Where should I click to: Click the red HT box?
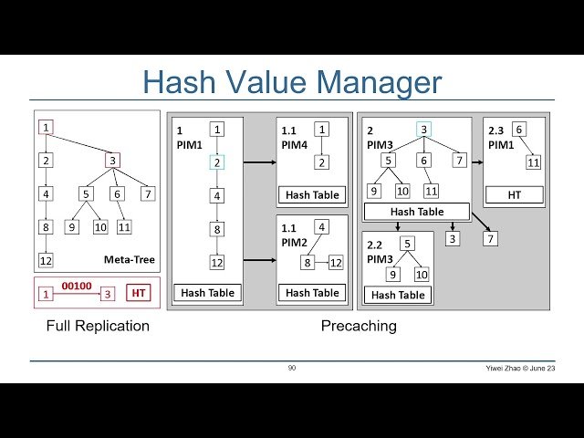tap(139, 293)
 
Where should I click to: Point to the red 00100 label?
tap(77, 286)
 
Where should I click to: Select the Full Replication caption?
tap(98, 325)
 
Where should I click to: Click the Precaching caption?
tap(359, 325)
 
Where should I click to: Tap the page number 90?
tap(292, 368)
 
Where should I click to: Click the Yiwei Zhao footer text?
tap(520, 368)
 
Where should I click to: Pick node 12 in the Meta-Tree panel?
tap(46, 261)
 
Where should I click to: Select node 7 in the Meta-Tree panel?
tap(147, 193)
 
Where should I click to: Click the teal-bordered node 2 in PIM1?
tap(217, 162)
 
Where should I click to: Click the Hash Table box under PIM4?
tap(312, 194)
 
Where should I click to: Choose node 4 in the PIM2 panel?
tap(322, 226)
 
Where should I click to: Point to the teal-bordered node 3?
tap(424, 130)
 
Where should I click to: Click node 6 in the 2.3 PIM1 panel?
tap(518, 130)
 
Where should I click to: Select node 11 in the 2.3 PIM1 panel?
tap(534, 163)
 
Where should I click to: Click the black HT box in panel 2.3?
tap(514, 194)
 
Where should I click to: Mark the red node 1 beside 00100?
tap(46, 293)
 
